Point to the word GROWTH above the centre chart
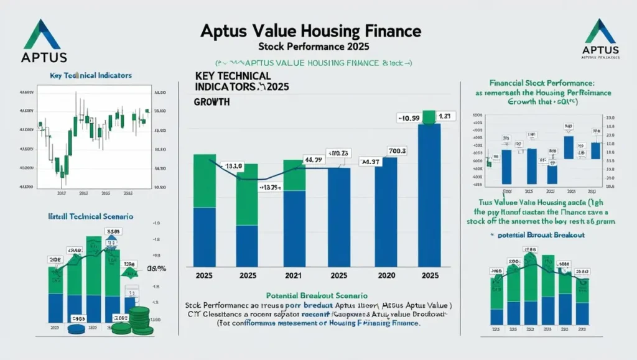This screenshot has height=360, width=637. click(212, 101)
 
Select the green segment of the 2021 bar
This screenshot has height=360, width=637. click(294, 175)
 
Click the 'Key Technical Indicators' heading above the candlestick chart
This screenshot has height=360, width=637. click(90, 75)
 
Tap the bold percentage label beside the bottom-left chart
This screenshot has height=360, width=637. click(156, 269)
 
